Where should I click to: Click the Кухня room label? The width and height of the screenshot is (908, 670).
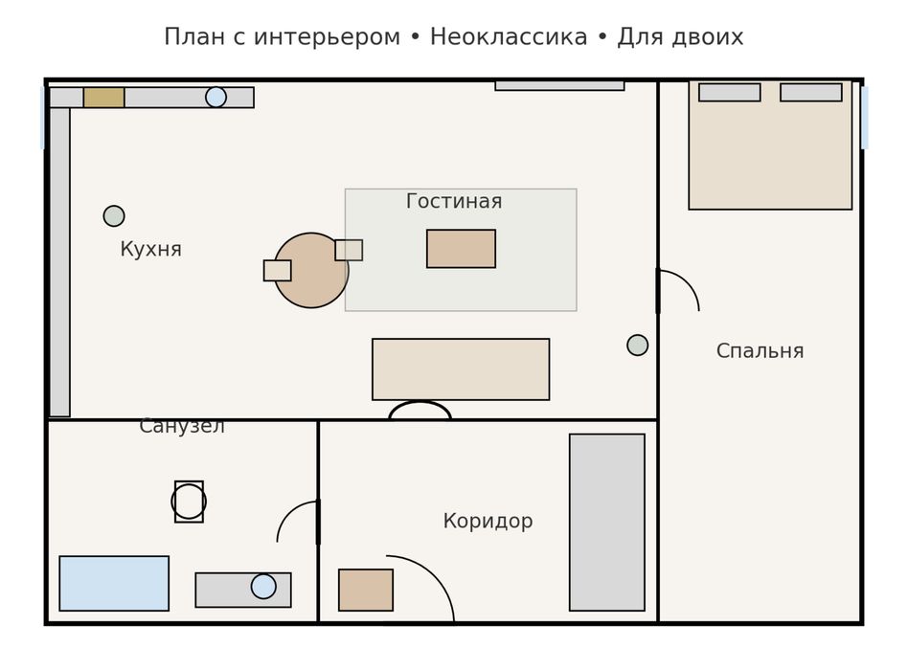[x=150, y=250]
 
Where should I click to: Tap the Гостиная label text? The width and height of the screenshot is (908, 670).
[x=453, y=202]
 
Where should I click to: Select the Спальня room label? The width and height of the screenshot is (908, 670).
[x=760, y=351]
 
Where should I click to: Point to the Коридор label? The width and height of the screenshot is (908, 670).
[x=488, y=522]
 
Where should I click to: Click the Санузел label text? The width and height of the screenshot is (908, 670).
[x=182, y=427]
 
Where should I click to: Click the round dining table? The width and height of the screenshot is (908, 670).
[x=311, y=271]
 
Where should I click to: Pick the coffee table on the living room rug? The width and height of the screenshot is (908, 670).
[x=461, y=249]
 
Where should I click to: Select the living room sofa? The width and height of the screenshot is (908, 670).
[x=461, y=369]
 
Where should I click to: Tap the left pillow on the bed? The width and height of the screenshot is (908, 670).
[x=729, y=93]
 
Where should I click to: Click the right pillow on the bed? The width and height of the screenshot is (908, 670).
[x=810, y=93]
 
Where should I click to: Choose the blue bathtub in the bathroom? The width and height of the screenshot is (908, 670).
[x=114, y=583]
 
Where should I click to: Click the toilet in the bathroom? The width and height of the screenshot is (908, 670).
[x=189, y=502]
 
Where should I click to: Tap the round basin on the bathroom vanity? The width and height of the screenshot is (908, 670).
[x=263, y=587]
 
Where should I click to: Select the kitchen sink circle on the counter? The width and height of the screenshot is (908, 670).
[x=216, y=98]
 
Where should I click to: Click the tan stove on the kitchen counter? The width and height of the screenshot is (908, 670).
[x=103, y=98]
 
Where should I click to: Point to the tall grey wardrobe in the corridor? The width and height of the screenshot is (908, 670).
[x=606, y=523]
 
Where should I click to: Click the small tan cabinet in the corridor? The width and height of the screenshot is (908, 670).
[x=366, y=590]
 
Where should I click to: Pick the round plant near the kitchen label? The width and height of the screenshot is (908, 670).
[x=114, y=216]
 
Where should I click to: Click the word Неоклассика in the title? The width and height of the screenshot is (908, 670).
[x=508, y=37]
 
